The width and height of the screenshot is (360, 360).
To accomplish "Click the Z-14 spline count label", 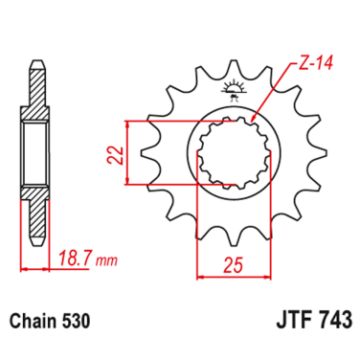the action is point(315,63).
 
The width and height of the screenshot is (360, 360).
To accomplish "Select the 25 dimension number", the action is point(234,264).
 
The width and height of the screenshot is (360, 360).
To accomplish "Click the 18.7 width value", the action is point(76,259).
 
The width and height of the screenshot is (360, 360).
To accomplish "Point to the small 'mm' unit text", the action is point(107,261).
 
